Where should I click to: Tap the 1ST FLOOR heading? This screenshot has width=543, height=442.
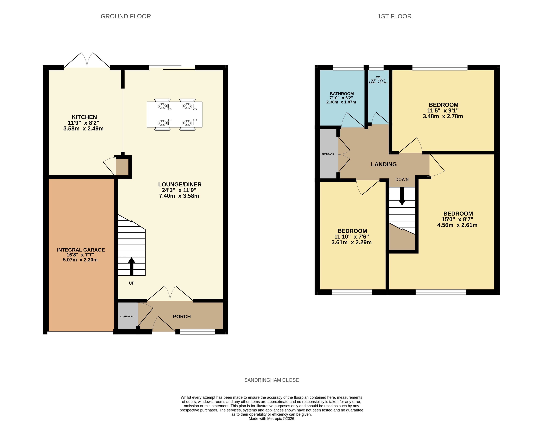[394, 16]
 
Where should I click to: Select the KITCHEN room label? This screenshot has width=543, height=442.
[84, 117]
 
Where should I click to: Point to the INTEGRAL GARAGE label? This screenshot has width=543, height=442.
[81, 250]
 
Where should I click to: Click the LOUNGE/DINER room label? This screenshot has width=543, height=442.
[180, 184]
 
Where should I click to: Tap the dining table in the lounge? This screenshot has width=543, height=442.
[174, 115]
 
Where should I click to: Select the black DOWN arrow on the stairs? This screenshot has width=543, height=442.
[402, 196]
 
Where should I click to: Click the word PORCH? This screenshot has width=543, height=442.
[182, 316]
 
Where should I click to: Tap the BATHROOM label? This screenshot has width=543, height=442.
[342, 94]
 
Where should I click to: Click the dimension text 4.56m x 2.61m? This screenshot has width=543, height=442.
[457, 225]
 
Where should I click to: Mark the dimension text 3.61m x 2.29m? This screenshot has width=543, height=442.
[351, 242]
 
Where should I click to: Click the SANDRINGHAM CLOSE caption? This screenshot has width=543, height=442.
[272, 380]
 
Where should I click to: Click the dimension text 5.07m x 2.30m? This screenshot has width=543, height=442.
[80, 260]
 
